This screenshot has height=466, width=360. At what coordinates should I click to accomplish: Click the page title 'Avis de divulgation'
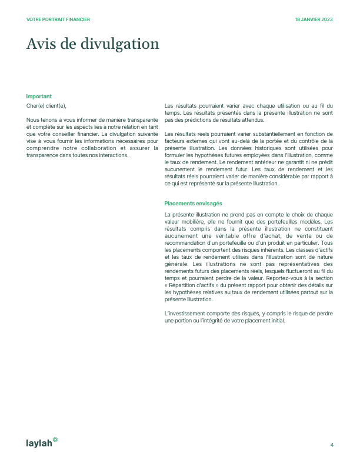point(93,44)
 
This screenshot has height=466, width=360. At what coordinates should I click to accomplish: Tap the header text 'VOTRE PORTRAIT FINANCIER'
point(58,19)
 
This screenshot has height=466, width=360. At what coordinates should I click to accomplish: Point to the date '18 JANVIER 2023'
point(314,19)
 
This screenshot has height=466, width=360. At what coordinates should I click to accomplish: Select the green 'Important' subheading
point(39,96)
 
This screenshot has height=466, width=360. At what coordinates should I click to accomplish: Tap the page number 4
point(332,445)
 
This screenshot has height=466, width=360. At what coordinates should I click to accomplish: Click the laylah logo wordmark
point(39,442)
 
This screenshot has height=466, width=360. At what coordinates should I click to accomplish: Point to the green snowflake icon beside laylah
point(55,439)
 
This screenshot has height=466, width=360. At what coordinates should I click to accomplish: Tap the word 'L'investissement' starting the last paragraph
point(186,313)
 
